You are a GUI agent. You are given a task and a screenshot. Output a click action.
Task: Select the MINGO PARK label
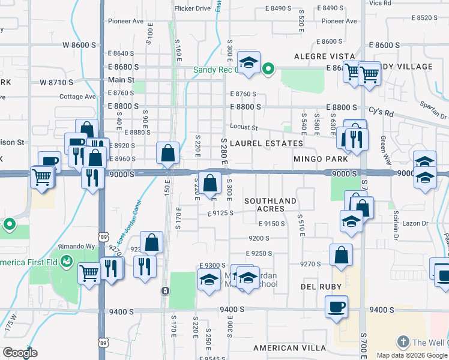(x=321, y=160)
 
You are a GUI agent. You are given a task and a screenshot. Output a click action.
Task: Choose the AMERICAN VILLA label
(x=285, y=348)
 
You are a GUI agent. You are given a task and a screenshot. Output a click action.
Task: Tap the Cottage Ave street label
(x=78, y=97)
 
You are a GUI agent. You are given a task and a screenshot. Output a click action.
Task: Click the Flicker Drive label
(x=192, y=8)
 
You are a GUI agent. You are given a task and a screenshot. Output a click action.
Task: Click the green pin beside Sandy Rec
(x=269, y=70)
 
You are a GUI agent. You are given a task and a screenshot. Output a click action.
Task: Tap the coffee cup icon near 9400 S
(x=336, y=307)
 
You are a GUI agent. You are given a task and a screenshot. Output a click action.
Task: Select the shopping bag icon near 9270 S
(x=341, y=254)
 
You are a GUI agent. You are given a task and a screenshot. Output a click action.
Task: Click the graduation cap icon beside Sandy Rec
(x=248, y=61)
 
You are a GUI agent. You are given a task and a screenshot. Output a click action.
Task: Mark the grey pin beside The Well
(x=403, y=342)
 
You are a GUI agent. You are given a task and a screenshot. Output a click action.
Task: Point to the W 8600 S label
(x=79, y=45)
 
